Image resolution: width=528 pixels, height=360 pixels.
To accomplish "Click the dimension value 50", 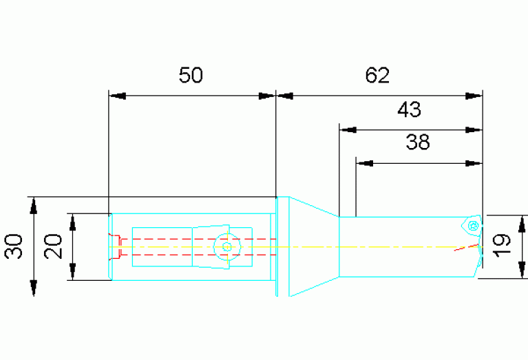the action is (x=191, y=75).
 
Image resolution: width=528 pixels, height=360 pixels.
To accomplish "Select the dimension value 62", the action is (x=377, y=75).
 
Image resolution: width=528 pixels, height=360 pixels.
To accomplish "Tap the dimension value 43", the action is (x=409, y=109).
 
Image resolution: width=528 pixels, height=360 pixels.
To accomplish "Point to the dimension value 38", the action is (x=418, y=142).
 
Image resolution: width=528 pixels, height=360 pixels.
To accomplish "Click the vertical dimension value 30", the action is (x=14, y=246).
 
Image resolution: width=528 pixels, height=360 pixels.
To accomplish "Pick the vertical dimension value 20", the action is (x=53, y=246).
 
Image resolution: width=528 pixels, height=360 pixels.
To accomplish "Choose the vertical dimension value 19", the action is (x=501, y=245).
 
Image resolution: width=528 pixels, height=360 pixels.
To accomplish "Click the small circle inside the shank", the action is (x=227, y=246).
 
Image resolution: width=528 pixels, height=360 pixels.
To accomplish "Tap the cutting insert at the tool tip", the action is (x=472, y=225).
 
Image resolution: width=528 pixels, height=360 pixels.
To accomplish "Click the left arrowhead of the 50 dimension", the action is (x=117, y=96).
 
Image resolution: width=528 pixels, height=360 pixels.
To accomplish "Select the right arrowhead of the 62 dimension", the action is (x=474, y=96).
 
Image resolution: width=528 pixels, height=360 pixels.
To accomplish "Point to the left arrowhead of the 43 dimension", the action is (x=348, y=130).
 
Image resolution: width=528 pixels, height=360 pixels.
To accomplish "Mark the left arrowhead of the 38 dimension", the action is (x=365, y=164).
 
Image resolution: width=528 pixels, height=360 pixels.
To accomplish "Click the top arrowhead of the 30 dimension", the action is (x=33, y=206).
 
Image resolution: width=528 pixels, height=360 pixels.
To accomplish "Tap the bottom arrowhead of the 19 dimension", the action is (x=522, y=270).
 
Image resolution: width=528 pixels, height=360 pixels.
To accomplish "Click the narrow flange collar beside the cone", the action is (x=282, y=246).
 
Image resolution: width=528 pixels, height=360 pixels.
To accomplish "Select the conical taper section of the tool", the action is (x=314, y=246).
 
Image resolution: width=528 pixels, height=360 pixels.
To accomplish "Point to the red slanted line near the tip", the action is (x=466, y=247).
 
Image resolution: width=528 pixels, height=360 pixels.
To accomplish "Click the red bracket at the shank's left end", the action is (x=115, y=246).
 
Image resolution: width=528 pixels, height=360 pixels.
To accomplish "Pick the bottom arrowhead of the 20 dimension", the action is (x=72, y=272).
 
